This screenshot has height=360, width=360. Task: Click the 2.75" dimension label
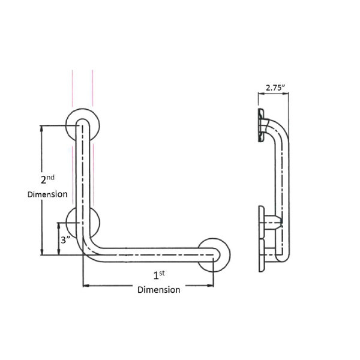pyautogui.click(x=275, y=88)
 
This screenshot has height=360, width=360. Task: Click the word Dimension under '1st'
pyautogui.click(x=158, y=290)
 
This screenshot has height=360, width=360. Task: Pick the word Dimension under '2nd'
pyautogui.click(x=47, y=194)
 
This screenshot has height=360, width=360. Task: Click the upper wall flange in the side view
pyautogui.click(x=260, y=125)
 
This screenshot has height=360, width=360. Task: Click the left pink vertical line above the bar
pyautogui.click(x=73, y=90)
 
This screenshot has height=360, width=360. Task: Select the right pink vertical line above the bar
pyautogui.click(x=92, y=90)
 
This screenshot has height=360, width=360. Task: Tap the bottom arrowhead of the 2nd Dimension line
pyautogui.click(x=41, y=253)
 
